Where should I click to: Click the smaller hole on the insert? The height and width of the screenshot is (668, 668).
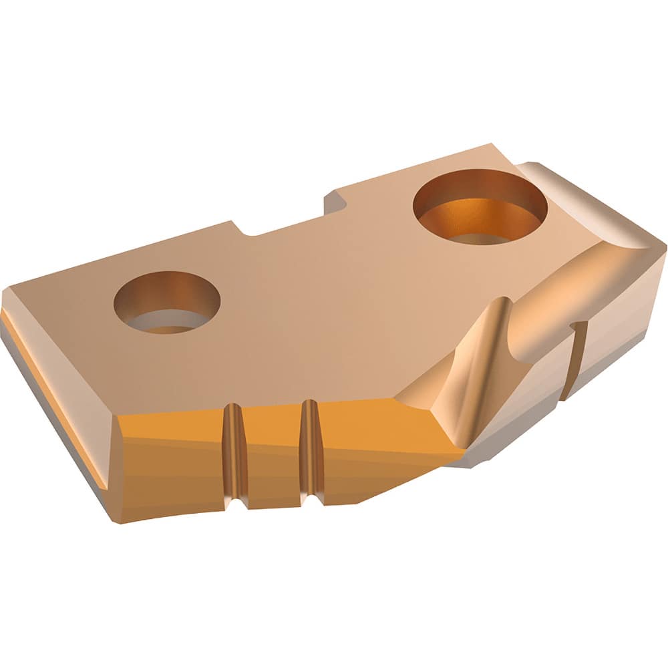point(166,302)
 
